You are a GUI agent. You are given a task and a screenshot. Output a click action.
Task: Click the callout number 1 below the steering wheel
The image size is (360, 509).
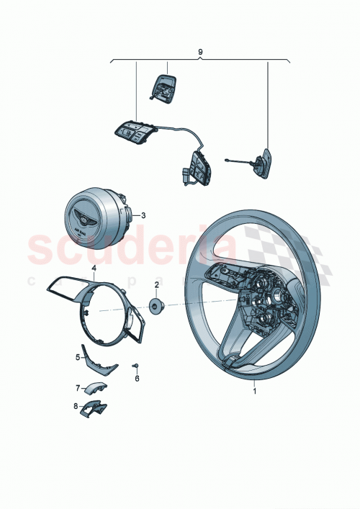tap(254, 392)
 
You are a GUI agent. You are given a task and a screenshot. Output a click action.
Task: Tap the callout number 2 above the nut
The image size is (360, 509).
tap(156, 284)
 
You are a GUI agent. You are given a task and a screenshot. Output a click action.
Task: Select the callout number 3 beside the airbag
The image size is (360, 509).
tap(143, 215)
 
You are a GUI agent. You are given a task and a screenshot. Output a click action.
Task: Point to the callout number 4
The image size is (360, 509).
tap(94, 268)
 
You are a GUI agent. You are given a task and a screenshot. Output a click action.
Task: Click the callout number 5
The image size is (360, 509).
tap(78, 356)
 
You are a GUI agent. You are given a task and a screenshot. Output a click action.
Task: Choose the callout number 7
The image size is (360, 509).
tap(78, 387)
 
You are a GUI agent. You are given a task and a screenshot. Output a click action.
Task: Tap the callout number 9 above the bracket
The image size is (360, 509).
tap(200, 53)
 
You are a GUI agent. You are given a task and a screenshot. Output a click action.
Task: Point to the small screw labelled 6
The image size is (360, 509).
tap(135, 366)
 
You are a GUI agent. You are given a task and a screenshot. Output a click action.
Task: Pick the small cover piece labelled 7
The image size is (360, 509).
tap(94, 389)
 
